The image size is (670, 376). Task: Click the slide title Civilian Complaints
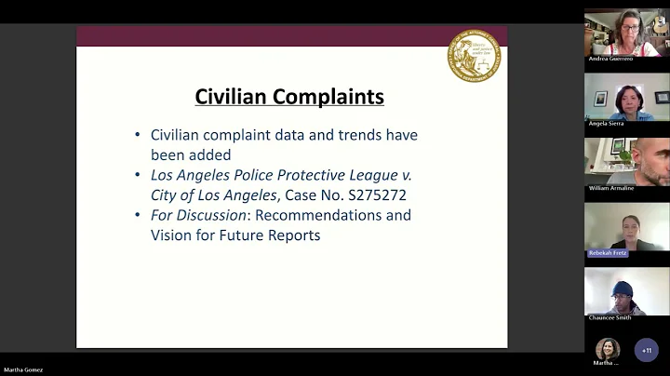289,97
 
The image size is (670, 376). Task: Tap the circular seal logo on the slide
474,56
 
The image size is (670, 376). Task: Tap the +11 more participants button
646,351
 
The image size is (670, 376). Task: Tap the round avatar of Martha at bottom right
608,348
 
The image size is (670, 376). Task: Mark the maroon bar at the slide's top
291,35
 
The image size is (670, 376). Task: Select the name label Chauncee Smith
610,317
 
